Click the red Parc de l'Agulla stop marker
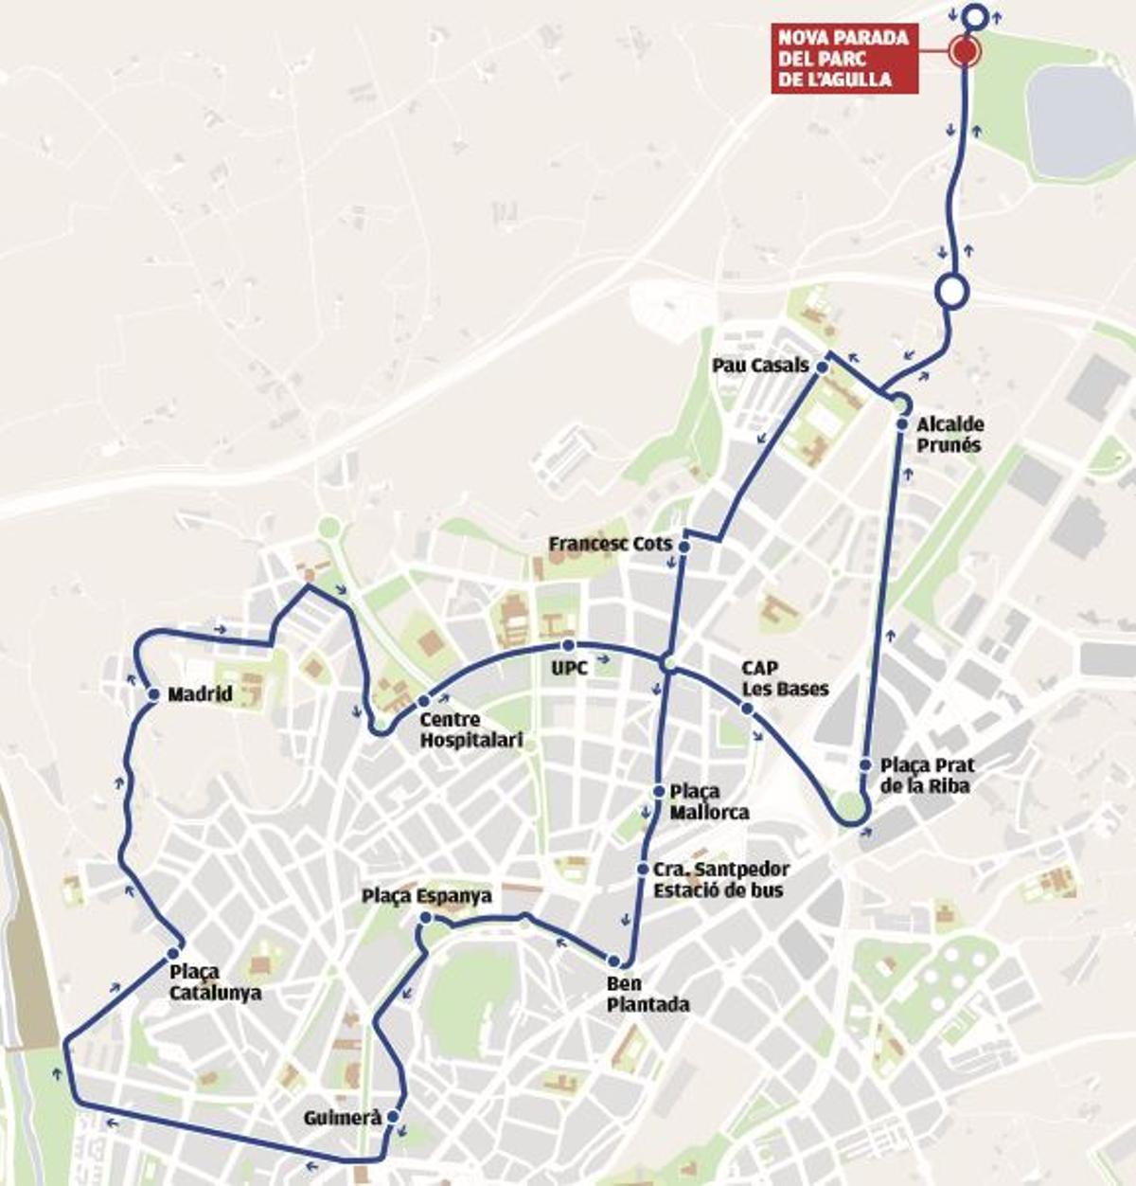[964, 52]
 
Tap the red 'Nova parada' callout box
[844, 59]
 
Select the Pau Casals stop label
[761, 366]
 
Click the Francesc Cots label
[610, 545]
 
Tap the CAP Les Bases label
[785, 679]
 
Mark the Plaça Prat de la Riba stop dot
[865, 764]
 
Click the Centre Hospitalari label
[470, 729]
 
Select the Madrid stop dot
[153, 694]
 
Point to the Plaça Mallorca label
[708, 801]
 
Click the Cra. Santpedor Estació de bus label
[719, 879]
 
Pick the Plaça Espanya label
[427, 896]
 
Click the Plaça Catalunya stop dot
[173, 953]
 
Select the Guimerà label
[343, 1119]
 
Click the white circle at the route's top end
[975, 16]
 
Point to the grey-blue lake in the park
[1079, 121]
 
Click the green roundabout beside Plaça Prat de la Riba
[849, 807]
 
